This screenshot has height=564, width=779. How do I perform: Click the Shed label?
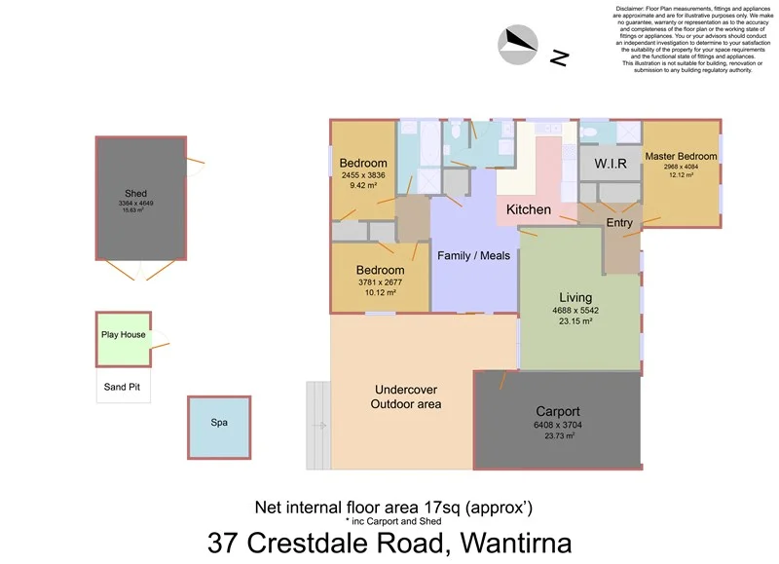coord(135,194)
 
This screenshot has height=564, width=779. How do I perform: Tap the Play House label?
coord(123,335)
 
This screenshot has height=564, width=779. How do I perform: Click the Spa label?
coord(218,424)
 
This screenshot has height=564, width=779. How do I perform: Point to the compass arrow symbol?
coord(518,44)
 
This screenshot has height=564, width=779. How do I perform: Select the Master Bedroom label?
coord(681,156)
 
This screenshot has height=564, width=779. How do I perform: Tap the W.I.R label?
coord(610,163)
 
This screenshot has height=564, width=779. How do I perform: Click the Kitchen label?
coord(529,209)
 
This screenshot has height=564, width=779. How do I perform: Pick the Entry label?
coord(619,223)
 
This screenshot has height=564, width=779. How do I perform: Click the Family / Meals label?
coord(473,256)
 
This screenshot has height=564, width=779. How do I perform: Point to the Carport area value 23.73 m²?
coord(558,436)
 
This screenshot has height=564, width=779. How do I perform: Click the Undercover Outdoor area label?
coord(407,395)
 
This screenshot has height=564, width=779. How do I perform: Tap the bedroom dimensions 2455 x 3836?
coord(363,175)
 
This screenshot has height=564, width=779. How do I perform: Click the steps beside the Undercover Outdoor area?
coord(318,409)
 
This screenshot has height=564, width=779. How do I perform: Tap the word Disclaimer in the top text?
coord(632,10)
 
